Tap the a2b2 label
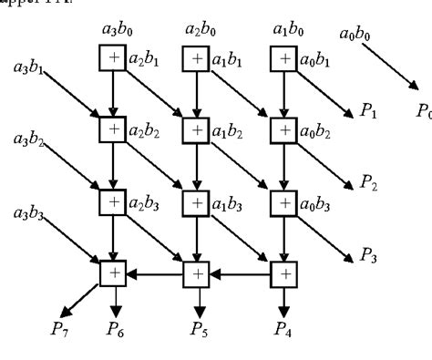(x=145, y=133)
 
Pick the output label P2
(x=370, y=184)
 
